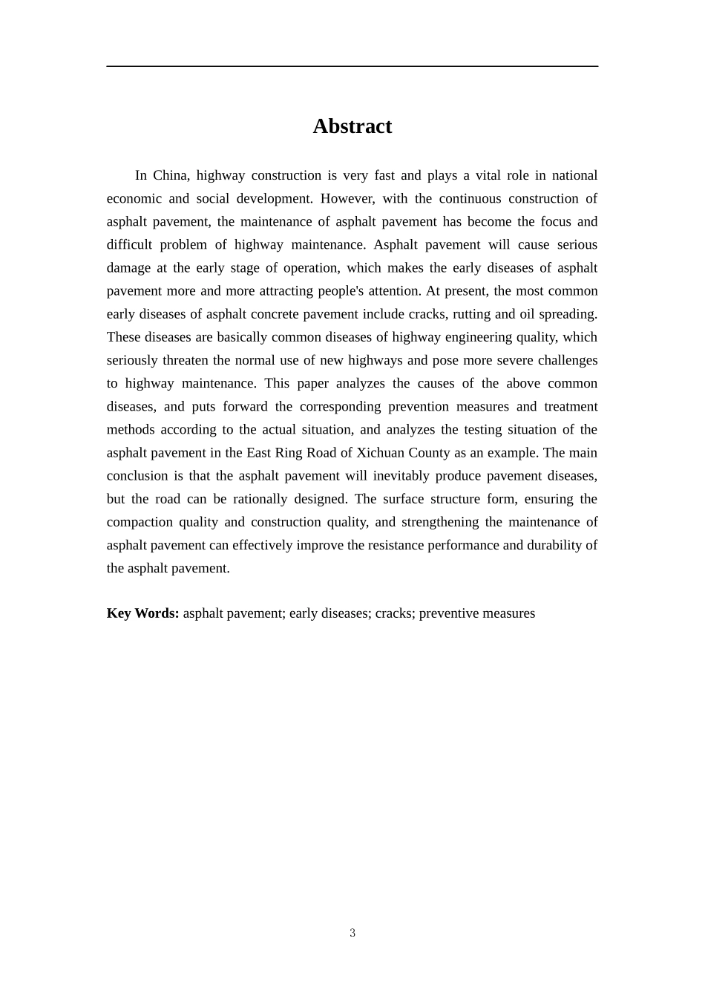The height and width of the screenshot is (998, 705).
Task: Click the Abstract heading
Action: coord(352,126)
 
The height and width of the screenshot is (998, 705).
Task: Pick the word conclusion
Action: coord(137,475)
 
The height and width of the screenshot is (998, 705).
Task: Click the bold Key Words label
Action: coord(142,613)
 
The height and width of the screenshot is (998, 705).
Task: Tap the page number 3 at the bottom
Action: coord(352,933)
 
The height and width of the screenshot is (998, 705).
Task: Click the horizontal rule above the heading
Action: coord(352,66)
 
